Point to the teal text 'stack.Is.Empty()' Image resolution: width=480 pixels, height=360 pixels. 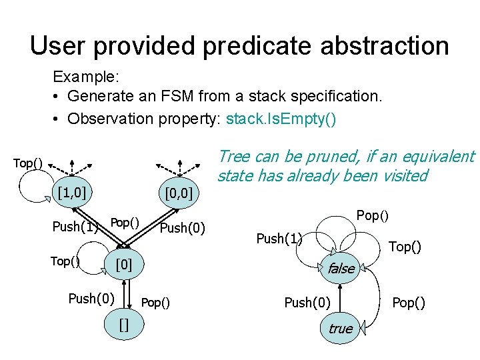coord(281,119)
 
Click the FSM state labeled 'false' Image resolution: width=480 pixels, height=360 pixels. coord(341,268)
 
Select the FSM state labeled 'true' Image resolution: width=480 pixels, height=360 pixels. coord(341,328)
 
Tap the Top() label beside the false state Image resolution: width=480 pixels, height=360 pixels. coord(405,247)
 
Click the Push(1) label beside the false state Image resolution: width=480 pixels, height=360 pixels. coord(279,238)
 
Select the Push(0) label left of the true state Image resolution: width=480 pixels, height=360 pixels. coord(307,303)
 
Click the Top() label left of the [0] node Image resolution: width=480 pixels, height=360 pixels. coord(65,261)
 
